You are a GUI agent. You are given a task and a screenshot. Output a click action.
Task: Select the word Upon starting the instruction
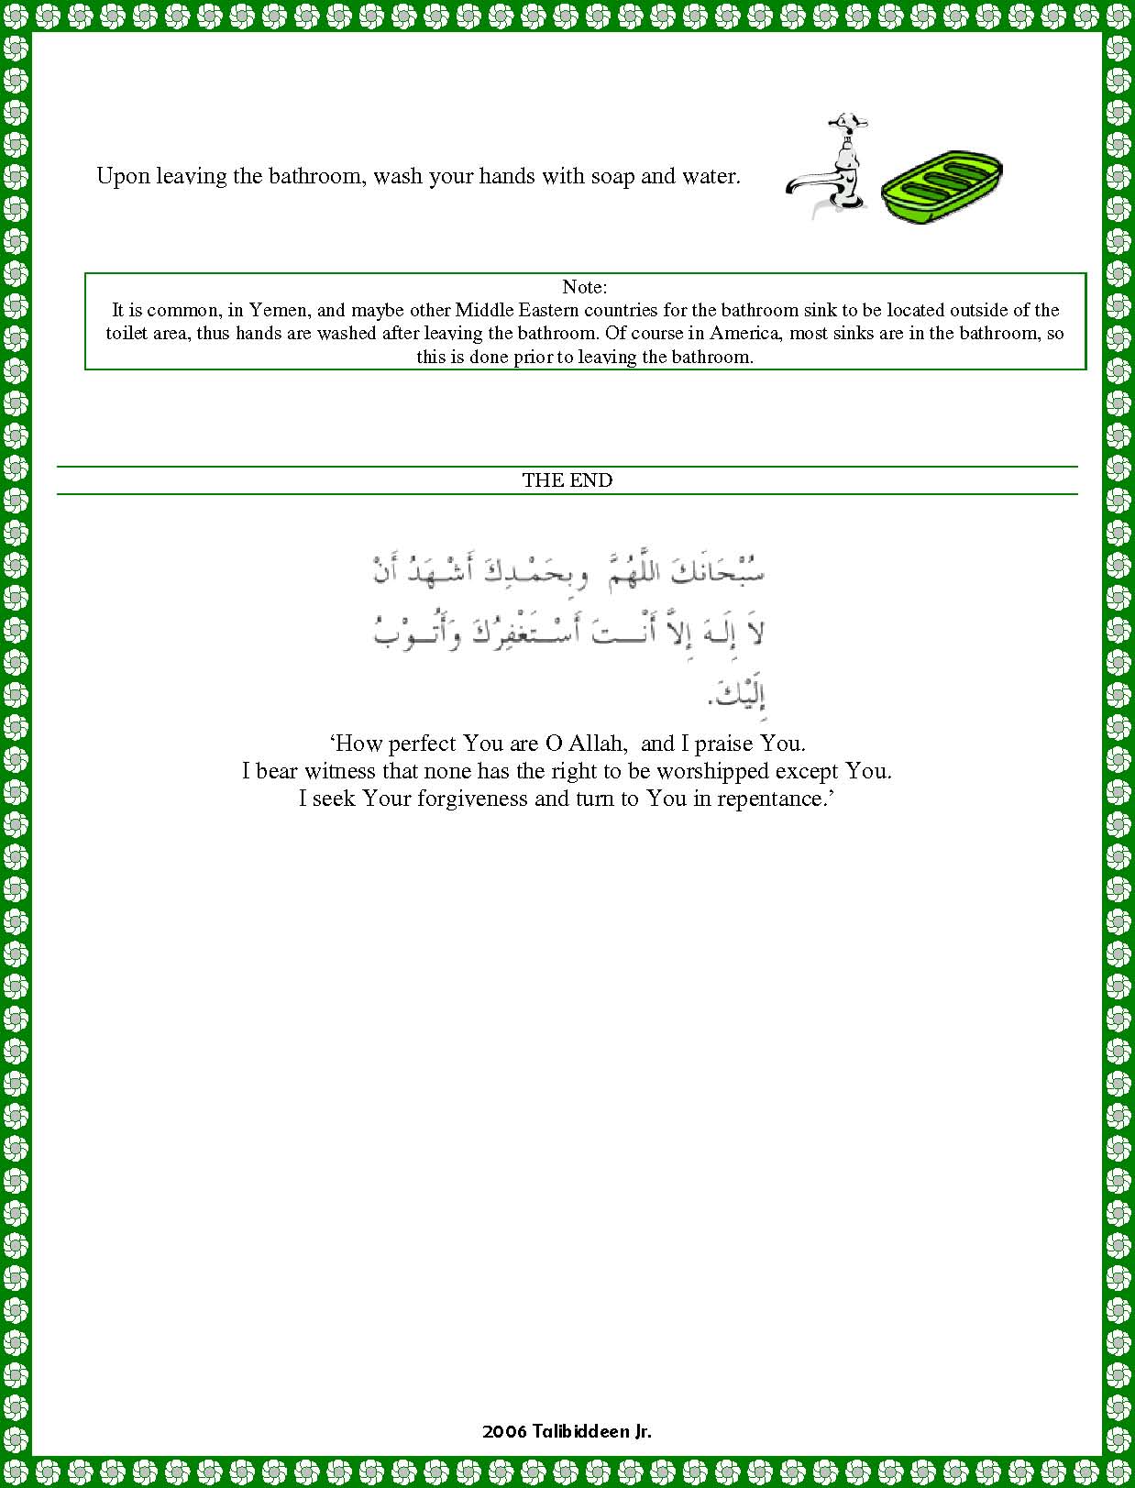pyautogui.click(x=123, y=176)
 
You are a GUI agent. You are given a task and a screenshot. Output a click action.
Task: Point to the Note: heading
pyautogui.click(x=584, y=287)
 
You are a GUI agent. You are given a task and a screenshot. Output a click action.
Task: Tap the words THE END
pyautogui.click(x=567, y=480)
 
